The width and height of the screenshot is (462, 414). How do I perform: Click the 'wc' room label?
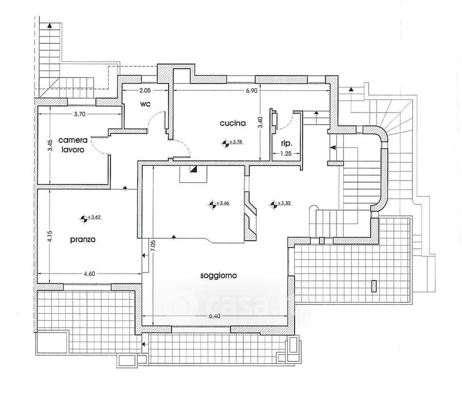[x=146, y=104]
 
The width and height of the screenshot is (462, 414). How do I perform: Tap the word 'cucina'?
[x=233, y=123]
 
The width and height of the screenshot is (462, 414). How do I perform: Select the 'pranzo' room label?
[x=83, y=240]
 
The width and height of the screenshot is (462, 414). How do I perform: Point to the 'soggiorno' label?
[x=219, y=276]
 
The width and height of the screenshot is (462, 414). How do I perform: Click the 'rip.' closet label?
[x=286, y=144]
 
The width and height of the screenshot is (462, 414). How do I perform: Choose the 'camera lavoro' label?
[x=73, y=145]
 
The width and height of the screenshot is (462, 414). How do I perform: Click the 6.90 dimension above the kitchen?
[x=252, y=91]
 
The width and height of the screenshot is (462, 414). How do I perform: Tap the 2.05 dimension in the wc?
[x=145, y=91]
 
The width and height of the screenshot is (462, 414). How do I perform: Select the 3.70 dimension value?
[x=80, y=114]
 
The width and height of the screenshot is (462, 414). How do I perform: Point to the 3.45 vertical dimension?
[x=50, y=145]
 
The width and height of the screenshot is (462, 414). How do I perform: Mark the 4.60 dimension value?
[x=90, y=274]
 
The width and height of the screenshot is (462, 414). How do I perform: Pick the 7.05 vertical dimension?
[x=153, y=246]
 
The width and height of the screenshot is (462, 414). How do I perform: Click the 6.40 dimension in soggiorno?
[x=214, y=316]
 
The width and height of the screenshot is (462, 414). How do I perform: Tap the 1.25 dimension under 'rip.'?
[x=286, y=153]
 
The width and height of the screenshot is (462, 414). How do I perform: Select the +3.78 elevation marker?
[x=232, y=143]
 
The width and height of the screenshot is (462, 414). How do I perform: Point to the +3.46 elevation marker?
[x=219, y=203]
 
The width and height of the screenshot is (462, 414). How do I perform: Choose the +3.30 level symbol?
[x=281, y=203]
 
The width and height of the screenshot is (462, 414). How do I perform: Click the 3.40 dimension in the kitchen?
[x=260, y=123]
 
